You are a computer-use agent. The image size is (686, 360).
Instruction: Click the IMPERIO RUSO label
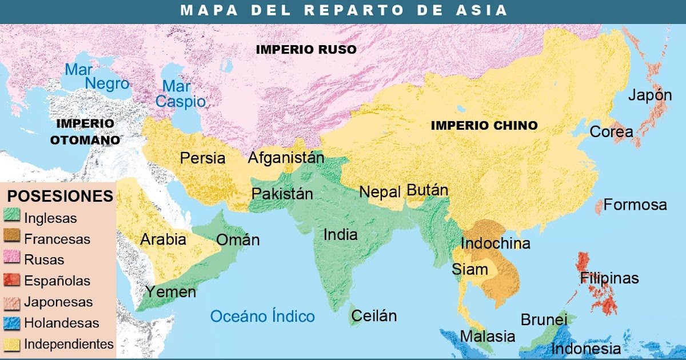click(x=306, y=50)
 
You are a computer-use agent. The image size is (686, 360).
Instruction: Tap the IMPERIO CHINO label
click(x=484, y=125)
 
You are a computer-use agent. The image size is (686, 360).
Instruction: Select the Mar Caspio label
click(x=181, y=94)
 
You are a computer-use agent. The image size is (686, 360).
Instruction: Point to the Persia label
click(x=202, y=158)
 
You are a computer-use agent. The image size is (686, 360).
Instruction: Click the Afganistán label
click(x=286, y=158)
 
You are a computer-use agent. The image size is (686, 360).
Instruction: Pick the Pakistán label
click(x=282, y=194)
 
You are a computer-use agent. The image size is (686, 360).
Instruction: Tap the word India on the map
click(x=340, y=234)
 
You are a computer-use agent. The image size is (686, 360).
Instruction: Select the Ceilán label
click(x=374, y=315)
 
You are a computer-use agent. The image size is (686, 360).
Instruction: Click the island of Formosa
click(x=598, y=206)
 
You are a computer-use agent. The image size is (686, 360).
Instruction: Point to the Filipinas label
click(x=609, y=278)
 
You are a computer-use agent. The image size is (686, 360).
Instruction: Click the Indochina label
click(x=495, y=243)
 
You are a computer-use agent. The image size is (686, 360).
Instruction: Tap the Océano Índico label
click(x=262, y=316)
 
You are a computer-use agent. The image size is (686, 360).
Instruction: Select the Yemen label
click(x=170, y=292)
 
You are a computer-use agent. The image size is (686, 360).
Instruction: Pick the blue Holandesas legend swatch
click(x=13, y=323)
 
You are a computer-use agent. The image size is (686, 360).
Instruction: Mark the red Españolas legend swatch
click(x=13, y=281)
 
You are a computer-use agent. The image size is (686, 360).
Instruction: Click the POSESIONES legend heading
click(x=59, y=197)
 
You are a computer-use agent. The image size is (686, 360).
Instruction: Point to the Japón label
click(x=650, y=95)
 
